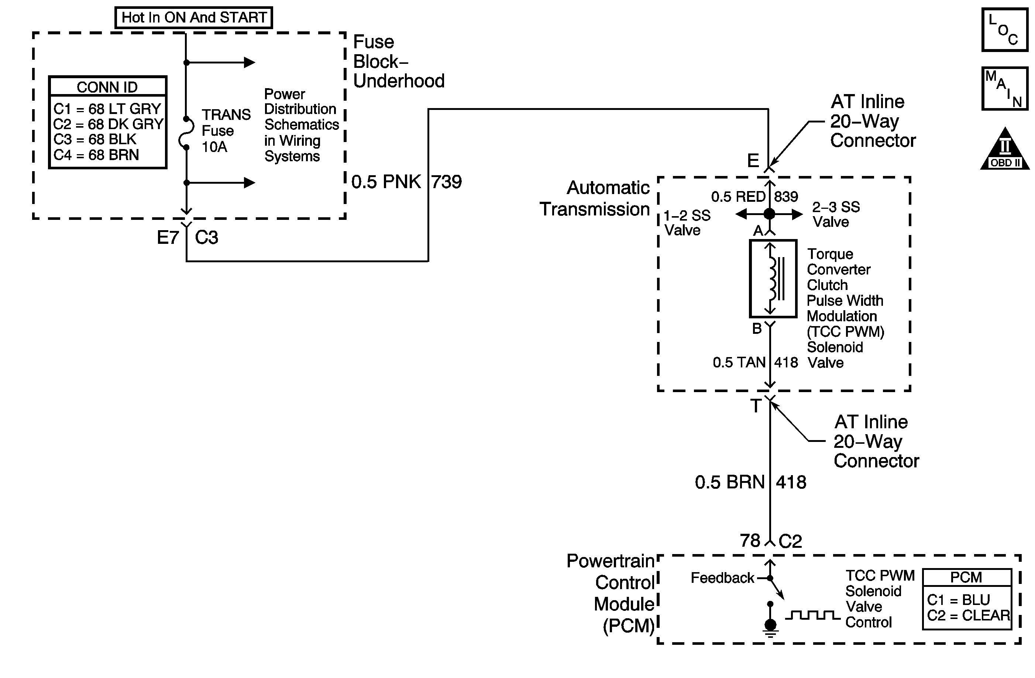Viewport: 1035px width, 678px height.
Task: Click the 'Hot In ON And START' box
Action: coord(193,18)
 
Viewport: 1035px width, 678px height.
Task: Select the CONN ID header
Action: coord(107,87)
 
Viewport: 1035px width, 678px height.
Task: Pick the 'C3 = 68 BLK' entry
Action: coord(95,139)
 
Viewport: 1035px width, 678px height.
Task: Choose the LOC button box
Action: coord(1005,30)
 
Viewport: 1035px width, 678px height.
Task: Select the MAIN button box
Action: coord(1005,89)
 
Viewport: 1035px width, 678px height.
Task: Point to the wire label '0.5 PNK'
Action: coord(386,181)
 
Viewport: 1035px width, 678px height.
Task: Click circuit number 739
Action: coord(447,181)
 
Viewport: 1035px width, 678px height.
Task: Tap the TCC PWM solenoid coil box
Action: coord(773,279)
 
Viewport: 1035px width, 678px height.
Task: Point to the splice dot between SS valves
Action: coord(769,214)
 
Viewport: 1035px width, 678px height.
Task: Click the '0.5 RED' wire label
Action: coord(738,197)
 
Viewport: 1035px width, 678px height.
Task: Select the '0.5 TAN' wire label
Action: coord(739,363)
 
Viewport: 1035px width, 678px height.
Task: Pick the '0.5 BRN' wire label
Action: coord(729,482)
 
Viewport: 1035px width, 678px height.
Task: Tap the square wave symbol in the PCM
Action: coord(812,615)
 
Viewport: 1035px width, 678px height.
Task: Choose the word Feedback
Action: coord(722,578)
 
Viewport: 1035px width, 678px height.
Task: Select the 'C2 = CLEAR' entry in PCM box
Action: coord(969,615)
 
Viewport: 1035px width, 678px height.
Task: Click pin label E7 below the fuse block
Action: coord(168,238)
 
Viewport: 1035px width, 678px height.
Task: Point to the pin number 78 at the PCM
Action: coord(750,541)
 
